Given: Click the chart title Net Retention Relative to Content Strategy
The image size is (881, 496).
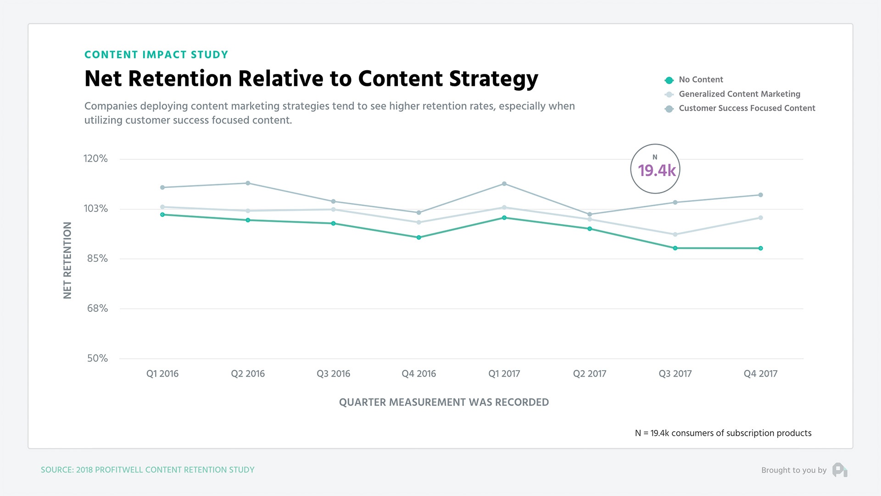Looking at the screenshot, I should pos(311,79).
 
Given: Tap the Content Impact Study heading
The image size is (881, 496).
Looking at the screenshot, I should pos(156,55).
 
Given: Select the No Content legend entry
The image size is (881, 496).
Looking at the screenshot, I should pos(700,79).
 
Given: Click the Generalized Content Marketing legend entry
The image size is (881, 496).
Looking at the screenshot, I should pos(739,94).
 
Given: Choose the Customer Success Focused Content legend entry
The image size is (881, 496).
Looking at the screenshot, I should pos(747,108).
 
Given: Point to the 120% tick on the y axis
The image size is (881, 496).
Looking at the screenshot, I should pos(95,158).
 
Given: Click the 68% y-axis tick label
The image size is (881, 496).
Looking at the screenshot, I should pos(97,308).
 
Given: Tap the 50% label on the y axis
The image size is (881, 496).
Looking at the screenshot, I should pos(97,358).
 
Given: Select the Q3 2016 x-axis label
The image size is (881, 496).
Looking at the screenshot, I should pos(333,373).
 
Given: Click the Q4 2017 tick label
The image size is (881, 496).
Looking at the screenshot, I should pos(760,373).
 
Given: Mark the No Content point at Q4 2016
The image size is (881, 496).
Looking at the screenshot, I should pos(418,237).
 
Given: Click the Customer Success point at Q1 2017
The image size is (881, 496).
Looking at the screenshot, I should pos(504,184).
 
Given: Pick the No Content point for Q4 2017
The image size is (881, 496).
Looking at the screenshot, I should pos(760,248).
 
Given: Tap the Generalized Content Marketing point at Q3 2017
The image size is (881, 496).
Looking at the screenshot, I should pos(675,235).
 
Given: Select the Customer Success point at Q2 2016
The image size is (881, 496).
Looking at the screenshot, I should pos(248,183).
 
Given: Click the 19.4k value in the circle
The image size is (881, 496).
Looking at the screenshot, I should pos(656,171).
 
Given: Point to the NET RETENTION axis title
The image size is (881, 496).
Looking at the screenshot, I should pos(67,260).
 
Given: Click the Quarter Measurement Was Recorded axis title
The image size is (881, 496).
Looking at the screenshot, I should pos(444,402).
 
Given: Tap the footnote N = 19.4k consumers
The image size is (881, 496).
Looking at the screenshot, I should pos(723,433).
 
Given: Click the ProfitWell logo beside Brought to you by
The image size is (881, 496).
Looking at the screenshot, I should pos(840,469).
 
